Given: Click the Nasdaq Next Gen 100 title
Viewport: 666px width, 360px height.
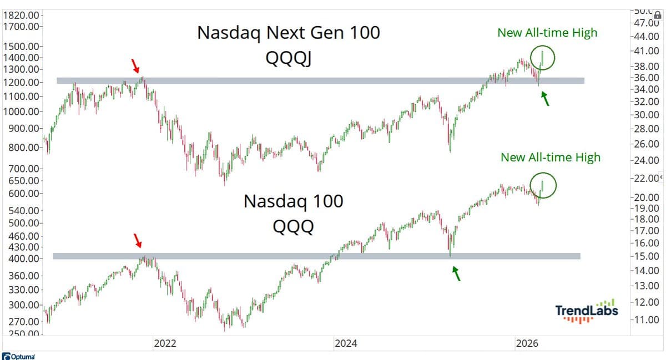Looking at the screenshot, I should [x=289, y=33].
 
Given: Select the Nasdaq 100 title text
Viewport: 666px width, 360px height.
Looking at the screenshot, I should [x=294, y=201].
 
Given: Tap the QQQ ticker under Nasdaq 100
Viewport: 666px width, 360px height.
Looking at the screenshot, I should [x=294, y=226].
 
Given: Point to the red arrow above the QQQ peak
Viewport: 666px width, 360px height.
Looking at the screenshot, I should [x=138, y=240].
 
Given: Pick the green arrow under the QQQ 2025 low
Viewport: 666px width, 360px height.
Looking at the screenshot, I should [x=456, y=273].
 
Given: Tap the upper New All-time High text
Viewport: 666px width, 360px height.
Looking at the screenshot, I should [x=547, y=33].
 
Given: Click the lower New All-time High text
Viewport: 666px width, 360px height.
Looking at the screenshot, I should [x=550, y=158].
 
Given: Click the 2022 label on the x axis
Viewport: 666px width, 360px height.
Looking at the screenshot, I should [x=164, y=343].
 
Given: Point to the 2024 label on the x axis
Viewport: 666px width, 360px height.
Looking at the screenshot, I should [x=346, y=343].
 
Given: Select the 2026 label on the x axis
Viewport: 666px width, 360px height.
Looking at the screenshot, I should [x=527, y=343].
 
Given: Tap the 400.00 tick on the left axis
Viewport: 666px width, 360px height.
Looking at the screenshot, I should [x=23, y=259].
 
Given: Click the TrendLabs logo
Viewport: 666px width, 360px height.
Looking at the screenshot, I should [x=586, y=312].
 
